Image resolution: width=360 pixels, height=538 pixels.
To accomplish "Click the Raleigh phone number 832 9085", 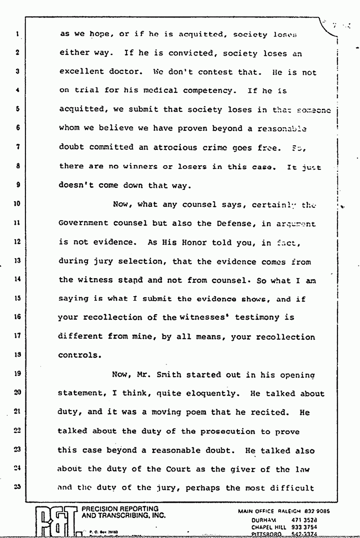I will (x=317, y=511).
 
